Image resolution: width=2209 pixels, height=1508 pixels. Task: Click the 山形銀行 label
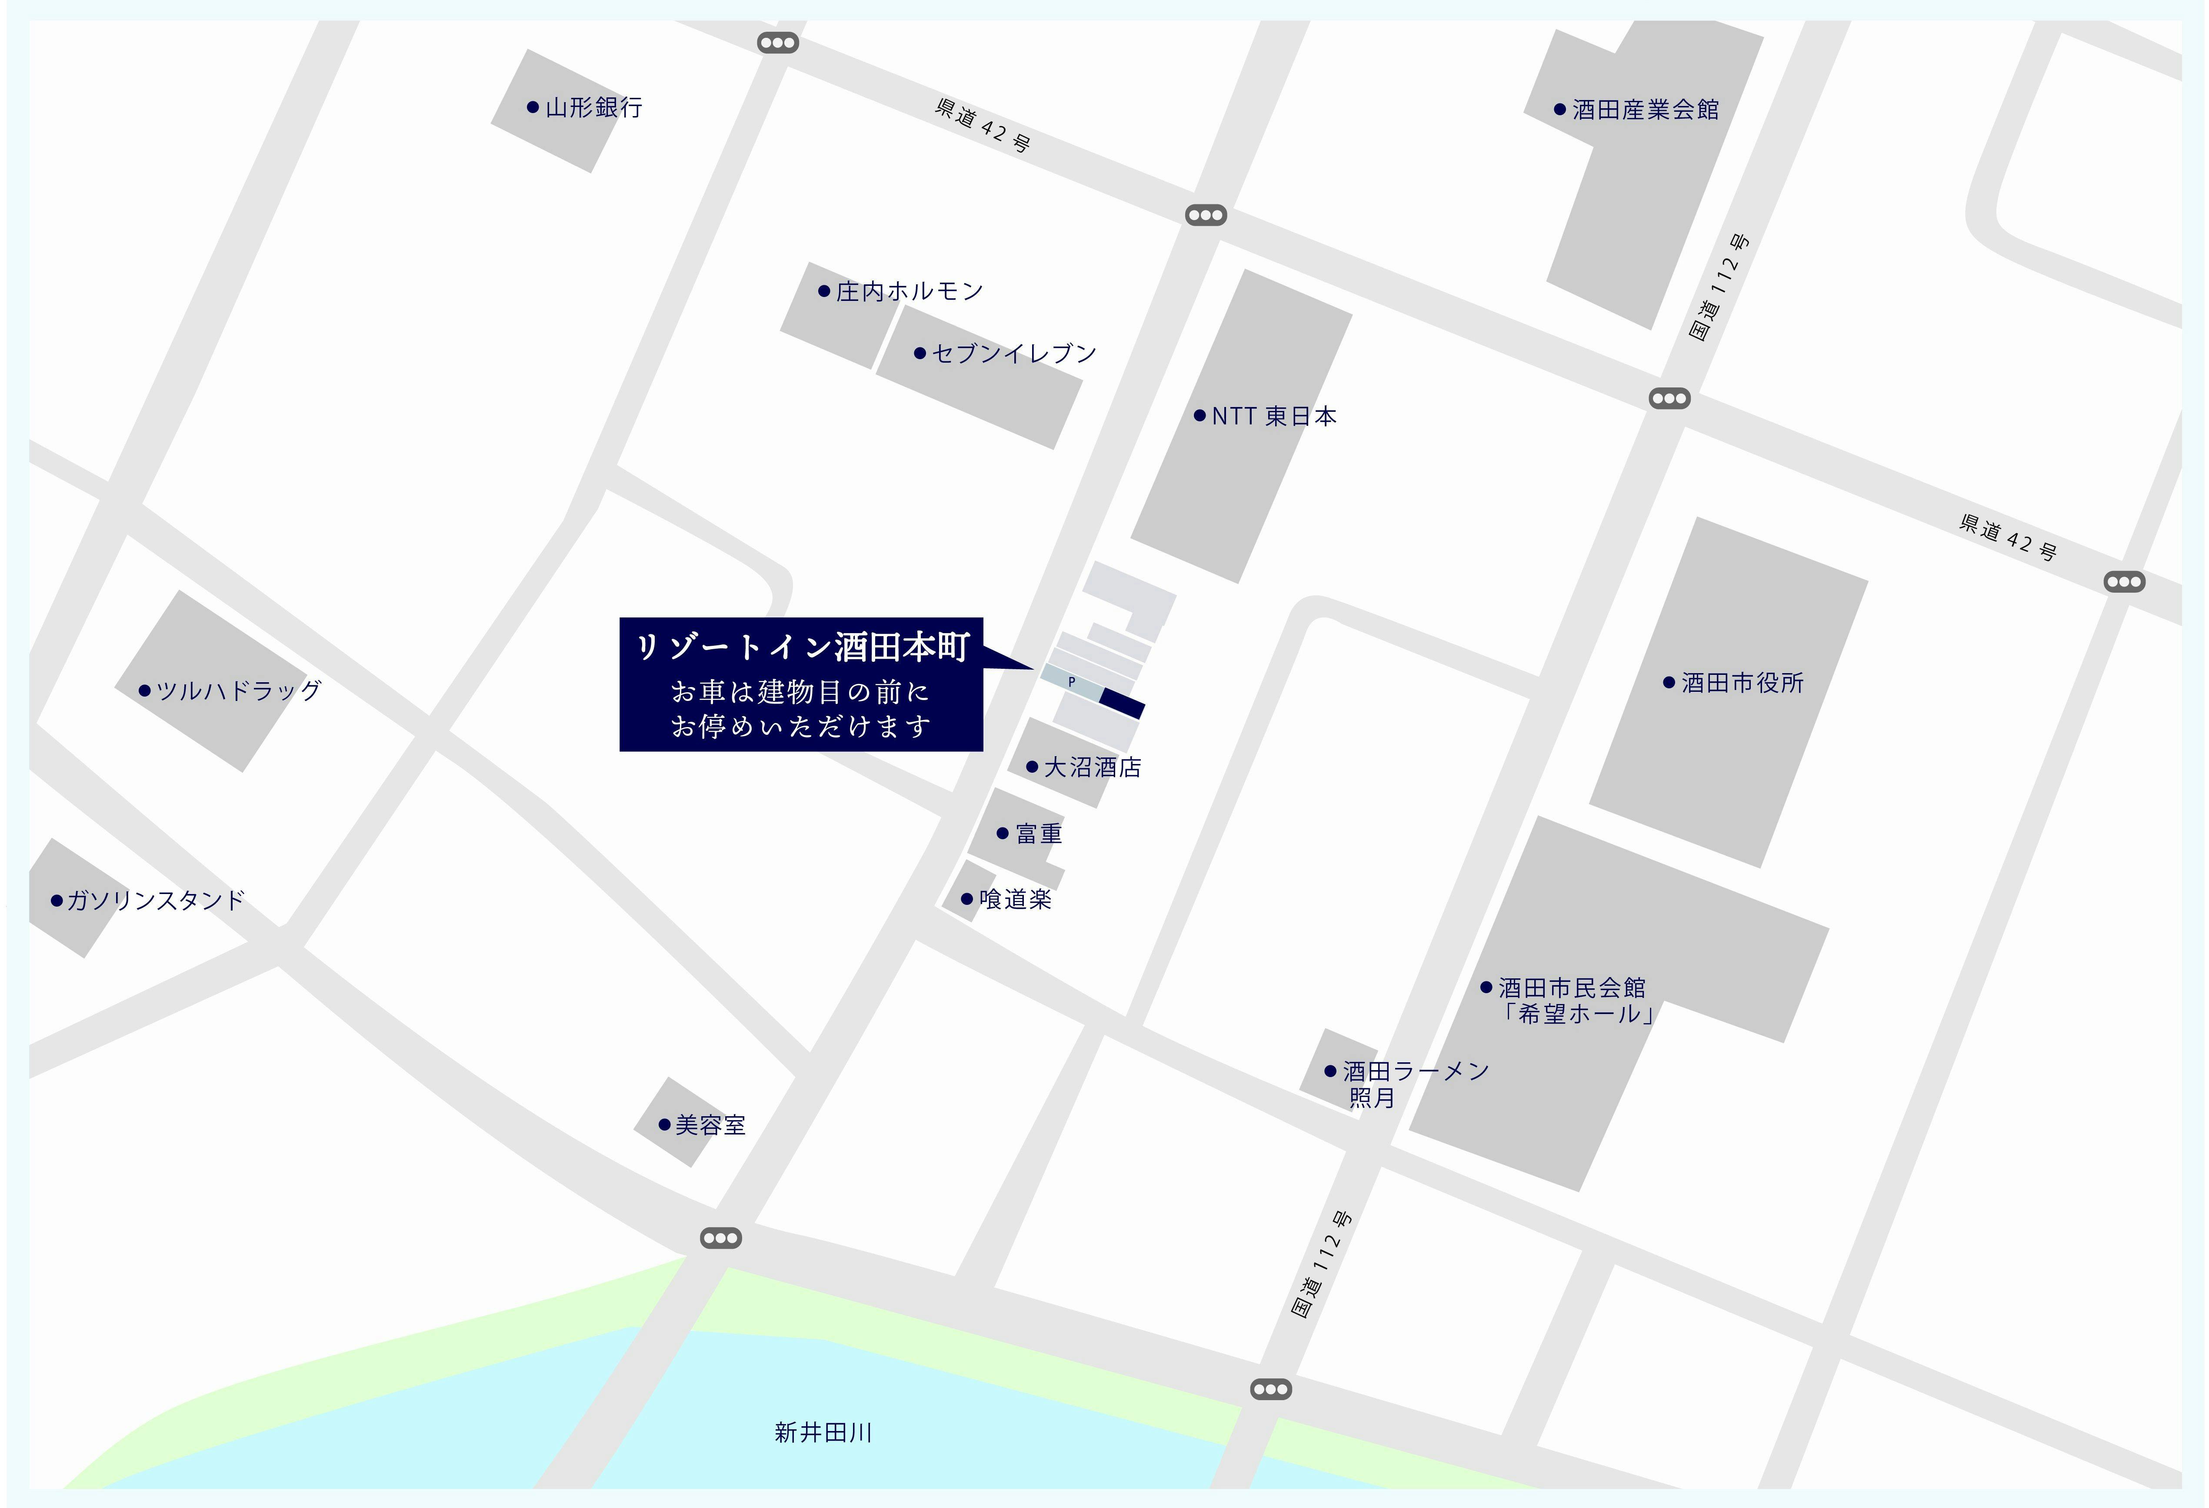[x=593, y=107]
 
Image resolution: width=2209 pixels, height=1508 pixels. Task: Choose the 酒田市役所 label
[x=1741, y=683]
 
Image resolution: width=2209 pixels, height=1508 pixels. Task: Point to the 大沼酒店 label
[x=1092, y=767]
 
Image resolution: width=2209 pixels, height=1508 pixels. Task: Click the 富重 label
[x=1038, y=834]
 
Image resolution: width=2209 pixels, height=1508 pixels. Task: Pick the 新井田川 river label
[x=823, y=1432]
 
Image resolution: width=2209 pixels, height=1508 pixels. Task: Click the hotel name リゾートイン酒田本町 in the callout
[x=801, y=647]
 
